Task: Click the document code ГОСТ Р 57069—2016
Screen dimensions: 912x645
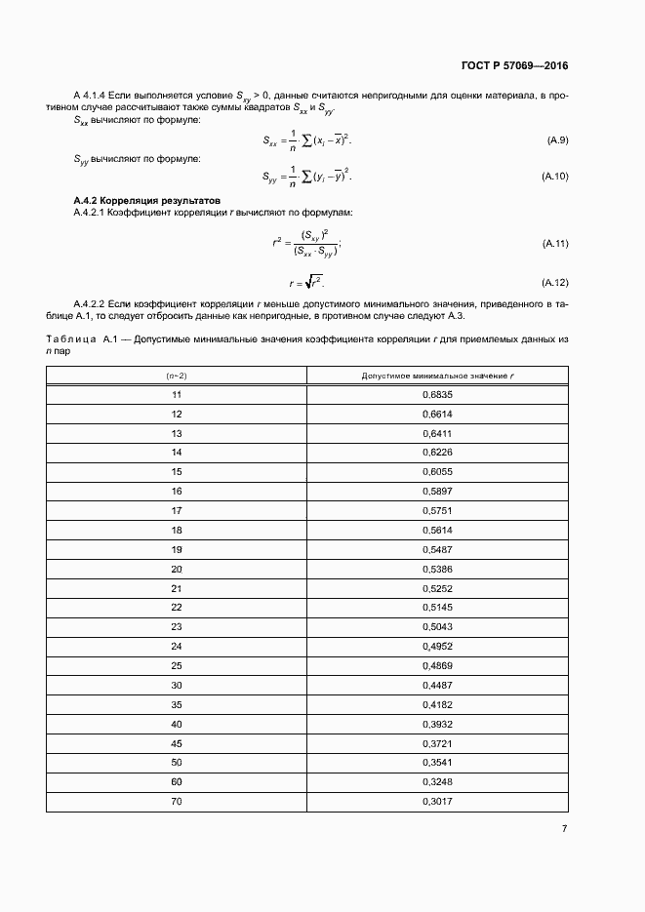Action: (x=513, y=66)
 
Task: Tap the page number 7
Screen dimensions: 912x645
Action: (x=564, y=828)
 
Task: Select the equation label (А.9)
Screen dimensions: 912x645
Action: (x=557, y=141)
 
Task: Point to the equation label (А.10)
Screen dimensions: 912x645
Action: (x=554, y=176)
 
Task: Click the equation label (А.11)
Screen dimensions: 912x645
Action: (x=554, y=243)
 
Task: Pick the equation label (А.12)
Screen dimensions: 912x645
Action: (x=554, y=283)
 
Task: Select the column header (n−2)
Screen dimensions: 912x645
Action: (x=177, y=376)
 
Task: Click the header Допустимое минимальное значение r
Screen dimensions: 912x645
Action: (x=437, y=376)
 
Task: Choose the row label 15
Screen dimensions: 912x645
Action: (x=177, y=472)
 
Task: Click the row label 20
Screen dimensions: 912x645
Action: (x=177, y=569)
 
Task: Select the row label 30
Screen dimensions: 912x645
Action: (x=177, y=685)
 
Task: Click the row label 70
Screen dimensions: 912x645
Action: (x=177, y=802)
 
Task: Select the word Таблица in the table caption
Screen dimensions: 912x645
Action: (x=70, y=338)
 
